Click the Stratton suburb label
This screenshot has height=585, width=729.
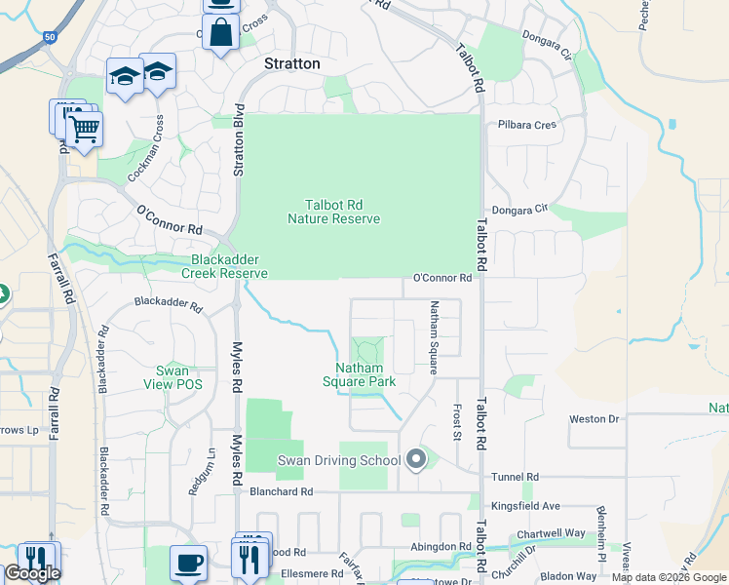[292, 63]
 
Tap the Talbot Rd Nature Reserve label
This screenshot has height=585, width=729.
[333, 212]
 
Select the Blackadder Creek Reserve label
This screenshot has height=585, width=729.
[229, 267]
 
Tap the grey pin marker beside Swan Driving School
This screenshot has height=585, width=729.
[417, 458]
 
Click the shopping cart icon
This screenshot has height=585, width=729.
[85, 127]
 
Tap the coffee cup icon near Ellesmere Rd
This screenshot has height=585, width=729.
[188, 563]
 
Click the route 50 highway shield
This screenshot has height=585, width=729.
[49, 37]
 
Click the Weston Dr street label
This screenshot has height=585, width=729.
[595, 419]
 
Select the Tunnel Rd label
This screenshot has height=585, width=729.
[517, 477]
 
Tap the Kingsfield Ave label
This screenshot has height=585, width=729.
[526, 506]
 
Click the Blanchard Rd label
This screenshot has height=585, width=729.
[281, 492]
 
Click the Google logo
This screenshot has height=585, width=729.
[32, 573]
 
